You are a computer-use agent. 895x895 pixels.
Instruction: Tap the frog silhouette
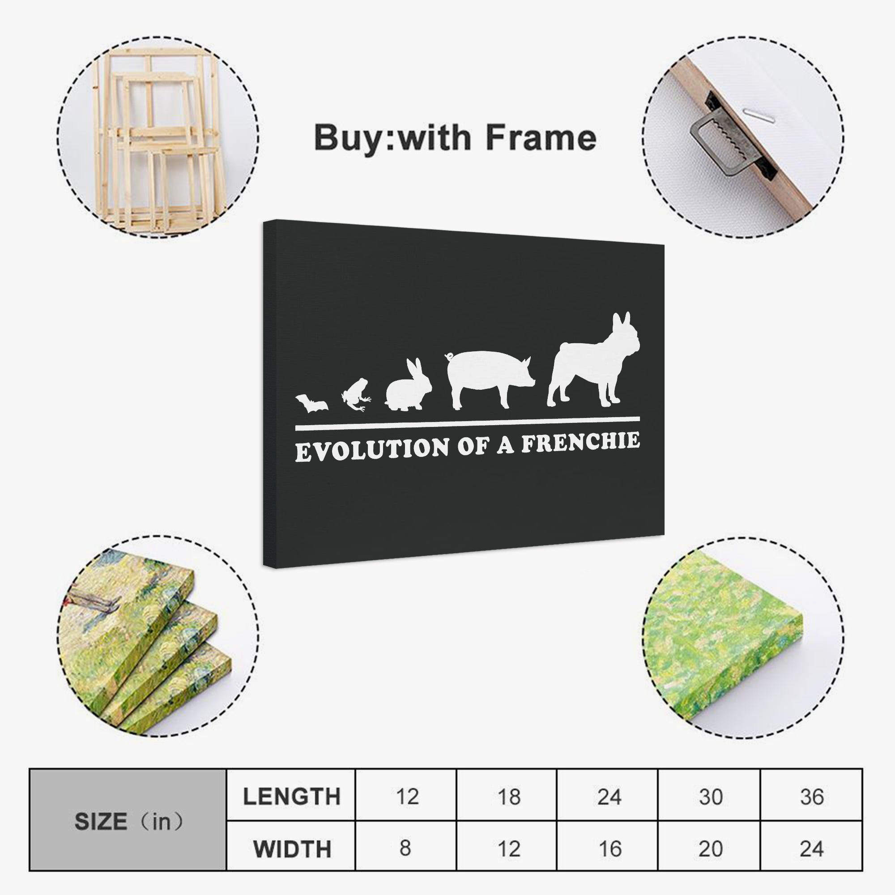click(355, 395)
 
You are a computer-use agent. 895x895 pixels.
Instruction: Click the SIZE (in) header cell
click(128, 822)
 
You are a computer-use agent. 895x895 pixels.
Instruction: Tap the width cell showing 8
click(405, 848)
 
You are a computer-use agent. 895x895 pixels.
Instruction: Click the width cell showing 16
click(609, 848)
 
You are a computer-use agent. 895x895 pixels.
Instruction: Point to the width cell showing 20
click(710, 848)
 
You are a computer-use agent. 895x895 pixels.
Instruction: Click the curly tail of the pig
click(448, 356)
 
